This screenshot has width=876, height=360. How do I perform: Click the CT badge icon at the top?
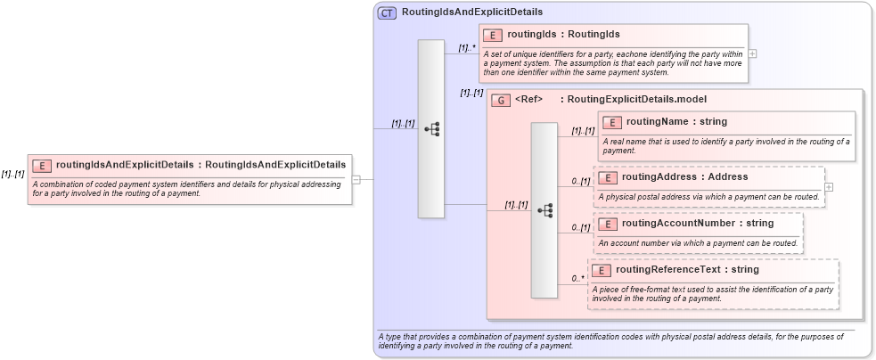click(x=387, y=12)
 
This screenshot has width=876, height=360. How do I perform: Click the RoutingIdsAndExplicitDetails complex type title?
click(x=472, y=12)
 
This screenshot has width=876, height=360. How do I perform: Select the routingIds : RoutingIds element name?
click(x=563, y=35)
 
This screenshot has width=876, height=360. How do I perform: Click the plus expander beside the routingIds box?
click(x=753, y=53)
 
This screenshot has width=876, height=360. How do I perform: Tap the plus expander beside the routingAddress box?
click(x=829, y=187)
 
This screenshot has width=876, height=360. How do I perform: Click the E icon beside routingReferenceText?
click(x=602, y=270)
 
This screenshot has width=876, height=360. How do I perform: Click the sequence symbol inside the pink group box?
click(x=544, y=210)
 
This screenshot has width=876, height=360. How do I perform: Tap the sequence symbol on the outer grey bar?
click(x=431, y=128)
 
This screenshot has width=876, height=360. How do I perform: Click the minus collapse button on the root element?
click(x=356, y=179)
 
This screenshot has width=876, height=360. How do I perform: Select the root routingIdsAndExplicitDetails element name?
click(x=201, y=164)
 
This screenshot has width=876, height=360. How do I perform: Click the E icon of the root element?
click(x=42, y=165)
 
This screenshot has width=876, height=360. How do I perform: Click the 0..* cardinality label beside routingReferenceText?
click(x=578, y=279)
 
